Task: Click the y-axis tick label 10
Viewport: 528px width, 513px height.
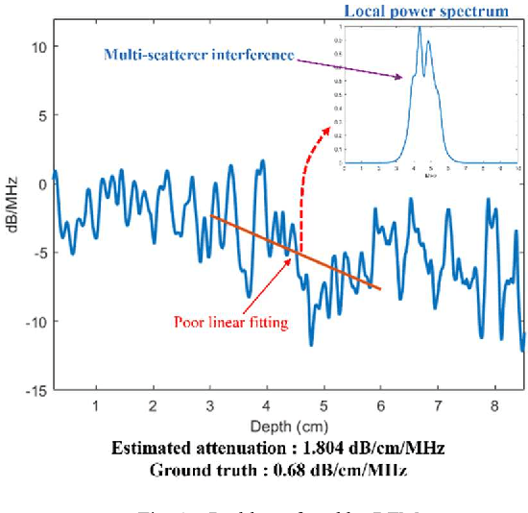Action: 38,45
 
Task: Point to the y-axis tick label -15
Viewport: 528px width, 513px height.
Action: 35,390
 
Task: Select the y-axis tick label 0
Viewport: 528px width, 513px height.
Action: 41,183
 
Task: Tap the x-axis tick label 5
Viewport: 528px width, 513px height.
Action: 324,407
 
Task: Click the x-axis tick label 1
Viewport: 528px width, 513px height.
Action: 95,407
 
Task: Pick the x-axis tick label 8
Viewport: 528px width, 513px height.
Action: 494,407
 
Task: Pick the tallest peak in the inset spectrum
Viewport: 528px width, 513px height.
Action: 420,29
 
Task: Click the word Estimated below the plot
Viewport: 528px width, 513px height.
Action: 151,449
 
